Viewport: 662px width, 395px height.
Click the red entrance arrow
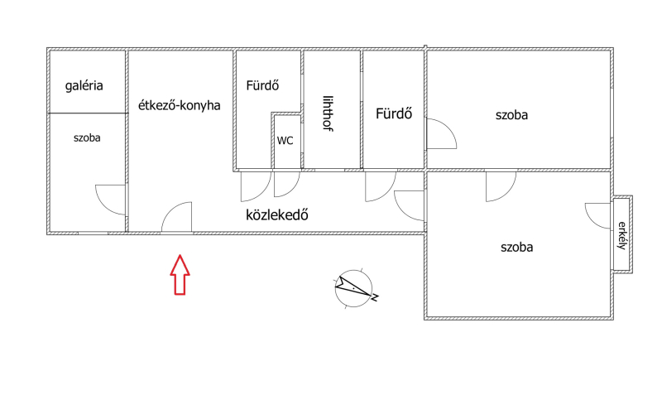tap(180, 275)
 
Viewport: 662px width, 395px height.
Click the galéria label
tap(84, 86)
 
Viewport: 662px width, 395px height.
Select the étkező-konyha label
tap(180, 105)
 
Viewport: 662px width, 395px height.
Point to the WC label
tap(285, 141)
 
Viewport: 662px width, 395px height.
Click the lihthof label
tap(328, 113)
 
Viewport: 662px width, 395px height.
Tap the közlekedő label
tap(277, 215)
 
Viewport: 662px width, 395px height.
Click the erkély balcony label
tap(621, 235)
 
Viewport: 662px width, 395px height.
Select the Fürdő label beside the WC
tap(262, 85)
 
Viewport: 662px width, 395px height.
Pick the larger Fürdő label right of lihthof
tap(394, 113)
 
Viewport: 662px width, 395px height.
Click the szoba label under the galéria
tap(87, 138)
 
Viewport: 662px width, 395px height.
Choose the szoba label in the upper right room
tap(511, 115)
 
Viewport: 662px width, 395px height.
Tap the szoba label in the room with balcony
tap(516, 247)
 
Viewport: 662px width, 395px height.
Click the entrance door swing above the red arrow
tap(176, 217)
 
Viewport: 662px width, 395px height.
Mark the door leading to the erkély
tap(598, 216)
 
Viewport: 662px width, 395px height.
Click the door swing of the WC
tap(287, 184)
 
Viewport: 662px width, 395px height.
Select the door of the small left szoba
tap(111, 200)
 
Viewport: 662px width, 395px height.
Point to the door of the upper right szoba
tap(442, 134)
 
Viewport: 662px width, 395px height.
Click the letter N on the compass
tap(375, 298)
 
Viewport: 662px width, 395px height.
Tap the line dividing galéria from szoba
tap(88, 113)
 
